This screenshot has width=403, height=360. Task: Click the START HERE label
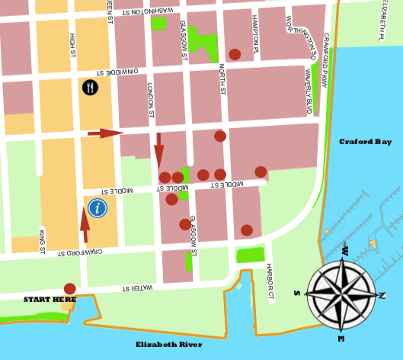50,300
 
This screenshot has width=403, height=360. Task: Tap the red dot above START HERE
70,288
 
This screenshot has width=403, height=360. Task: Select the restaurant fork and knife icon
91,87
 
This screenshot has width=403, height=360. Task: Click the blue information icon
97,207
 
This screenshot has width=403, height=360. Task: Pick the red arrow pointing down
158,149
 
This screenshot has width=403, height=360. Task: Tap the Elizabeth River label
168,345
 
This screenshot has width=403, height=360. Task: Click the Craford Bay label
365,142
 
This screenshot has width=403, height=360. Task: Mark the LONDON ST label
151,99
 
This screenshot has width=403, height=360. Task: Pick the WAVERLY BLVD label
309,91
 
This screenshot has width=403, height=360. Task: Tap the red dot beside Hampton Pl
235,54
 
